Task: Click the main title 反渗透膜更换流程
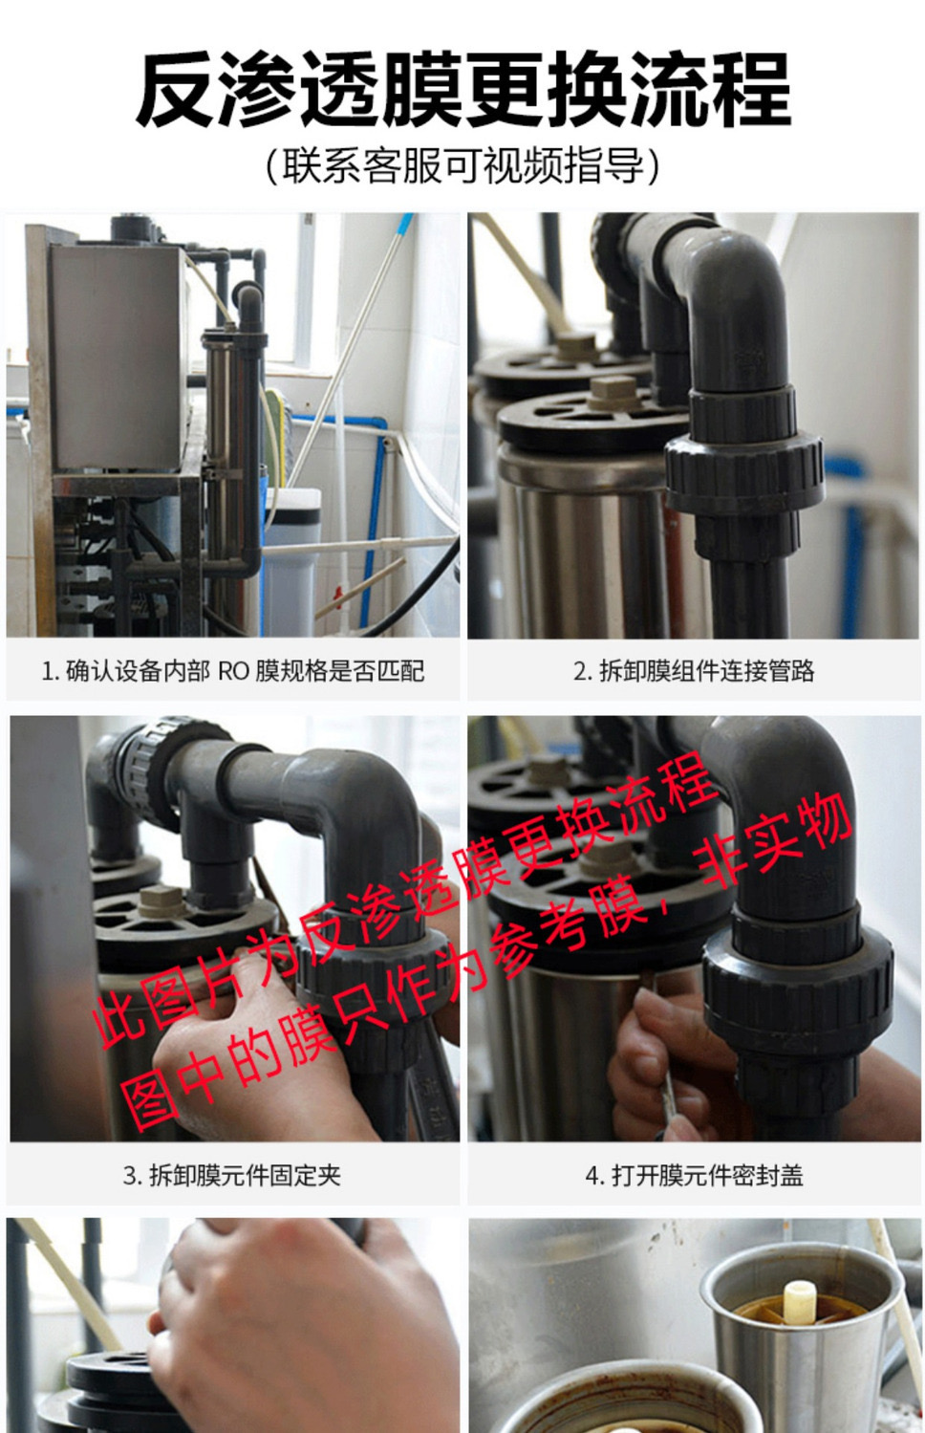462,90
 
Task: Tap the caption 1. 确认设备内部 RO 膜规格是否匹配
232,671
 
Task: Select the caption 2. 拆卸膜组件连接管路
694,671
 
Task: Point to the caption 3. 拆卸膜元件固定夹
232,1175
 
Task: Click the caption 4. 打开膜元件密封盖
694,1175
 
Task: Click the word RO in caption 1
233,671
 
